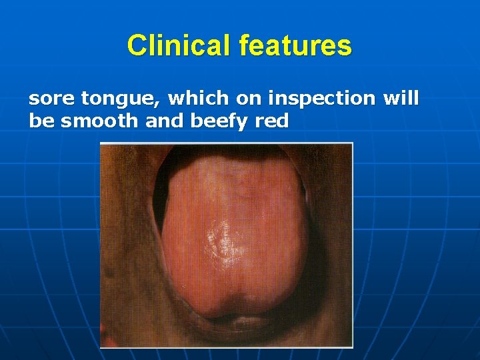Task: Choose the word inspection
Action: [321, 99]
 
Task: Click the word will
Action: [401, 99]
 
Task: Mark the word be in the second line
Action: [39, 121]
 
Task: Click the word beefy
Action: [215, 121]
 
